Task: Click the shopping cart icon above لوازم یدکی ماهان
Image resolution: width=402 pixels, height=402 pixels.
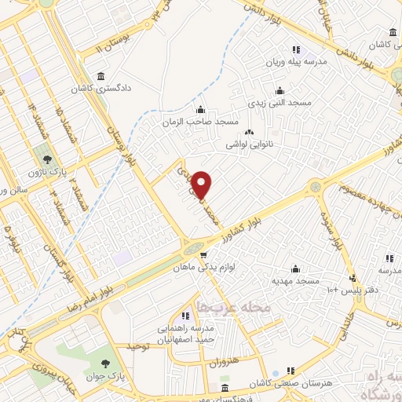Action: [203, 255]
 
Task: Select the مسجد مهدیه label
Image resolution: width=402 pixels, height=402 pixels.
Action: [295, 280]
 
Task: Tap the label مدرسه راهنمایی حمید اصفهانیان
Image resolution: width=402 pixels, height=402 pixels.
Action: [185, 334]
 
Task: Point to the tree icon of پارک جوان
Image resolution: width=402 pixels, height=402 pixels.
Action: [105, 363]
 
